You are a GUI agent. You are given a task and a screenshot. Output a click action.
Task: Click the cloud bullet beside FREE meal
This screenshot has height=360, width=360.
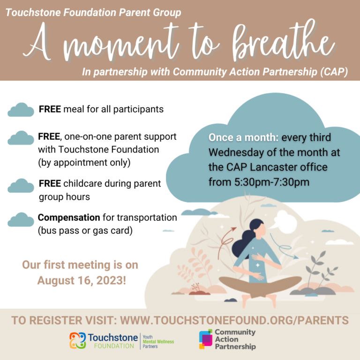click(21, 110)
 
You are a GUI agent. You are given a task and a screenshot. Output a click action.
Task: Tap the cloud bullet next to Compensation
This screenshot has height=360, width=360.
click(21, 220)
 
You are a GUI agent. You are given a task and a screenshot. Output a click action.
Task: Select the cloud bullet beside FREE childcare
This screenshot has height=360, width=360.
click(21, 186)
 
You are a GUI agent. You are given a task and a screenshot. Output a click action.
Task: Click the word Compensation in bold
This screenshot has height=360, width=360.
click(69, 217)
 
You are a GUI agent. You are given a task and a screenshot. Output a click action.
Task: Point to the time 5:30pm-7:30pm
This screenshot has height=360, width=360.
click(272, 182)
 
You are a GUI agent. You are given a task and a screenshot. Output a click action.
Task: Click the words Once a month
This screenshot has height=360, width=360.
click(243, 137)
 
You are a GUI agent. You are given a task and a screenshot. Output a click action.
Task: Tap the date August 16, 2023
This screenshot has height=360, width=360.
click(82, 281)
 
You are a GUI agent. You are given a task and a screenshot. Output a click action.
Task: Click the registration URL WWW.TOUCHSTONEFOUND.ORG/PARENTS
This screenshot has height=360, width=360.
click(234, 320)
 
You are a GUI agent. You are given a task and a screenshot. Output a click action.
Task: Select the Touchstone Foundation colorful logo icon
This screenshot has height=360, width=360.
click(78, 340)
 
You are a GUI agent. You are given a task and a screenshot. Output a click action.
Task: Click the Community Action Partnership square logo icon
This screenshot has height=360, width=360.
click(205, 339)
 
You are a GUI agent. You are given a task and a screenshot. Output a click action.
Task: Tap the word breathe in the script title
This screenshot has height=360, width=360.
click(283, 41)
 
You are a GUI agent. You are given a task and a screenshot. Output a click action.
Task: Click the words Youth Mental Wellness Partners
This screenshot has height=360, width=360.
click(158, 341)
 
